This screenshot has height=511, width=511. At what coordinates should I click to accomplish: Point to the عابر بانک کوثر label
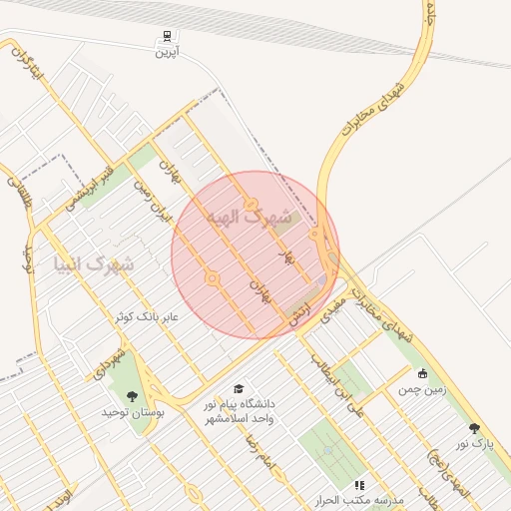[146, 316]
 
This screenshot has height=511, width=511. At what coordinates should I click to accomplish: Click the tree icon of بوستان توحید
[133, 397]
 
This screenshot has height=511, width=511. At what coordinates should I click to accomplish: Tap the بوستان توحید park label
[133, 411]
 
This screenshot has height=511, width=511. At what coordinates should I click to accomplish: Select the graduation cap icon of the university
[238, 388]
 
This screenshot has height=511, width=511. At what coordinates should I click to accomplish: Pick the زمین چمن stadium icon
[423, 373]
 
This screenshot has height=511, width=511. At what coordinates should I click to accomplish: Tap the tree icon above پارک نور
[474, 427]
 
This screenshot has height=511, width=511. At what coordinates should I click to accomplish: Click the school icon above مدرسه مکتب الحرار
[359, 485]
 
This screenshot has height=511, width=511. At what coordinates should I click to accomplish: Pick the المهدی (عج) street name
[436, 471]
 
